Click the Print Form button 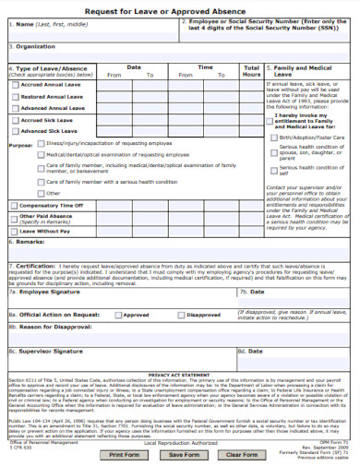coord(125,455)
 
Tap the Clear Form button coord(242,455)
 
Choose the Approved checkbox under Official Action coord(116,314)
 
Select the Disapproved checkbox coord(180,314)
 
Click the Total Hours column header coord(251,71)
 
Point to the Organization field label coord(33,46)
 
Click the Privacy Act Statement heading coord(179,375)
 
